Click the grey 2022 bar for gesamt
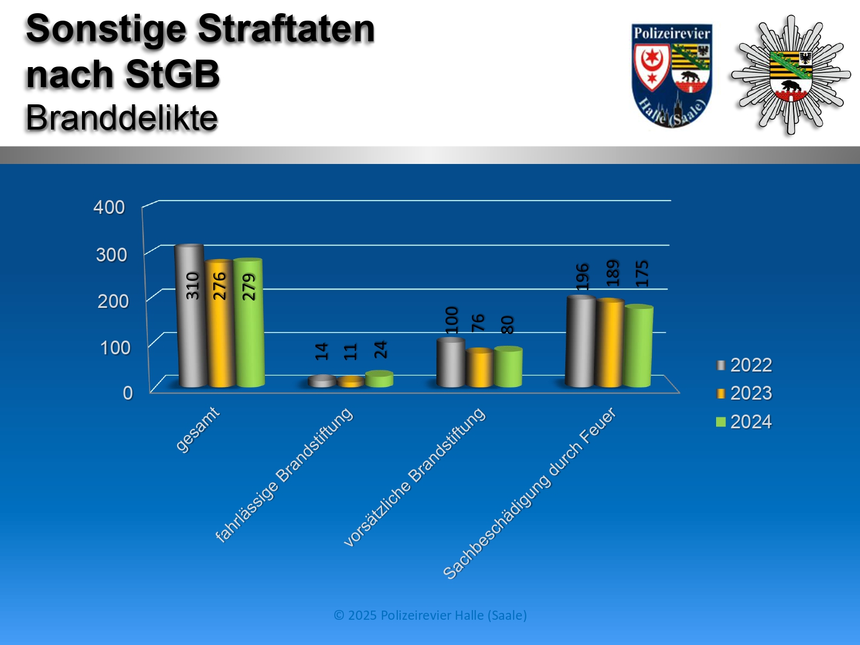(x=190, y=316)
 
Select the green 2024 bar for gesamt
(x=249, y=323)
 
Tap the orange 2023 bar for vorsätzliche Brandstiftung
(x=479, y=368)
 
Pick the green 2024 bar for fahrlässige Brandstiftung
(x=380, y=379)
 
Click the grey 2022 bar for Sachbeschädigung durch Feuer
(x=580, y=341)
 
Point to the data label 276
(x=220, y=286)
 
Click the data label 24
(x=381, y=350)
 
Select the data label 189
(x=612, y=273)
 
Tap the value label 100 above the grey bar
(x=451, y=320)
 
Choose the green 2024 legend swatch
(x=721, y=422)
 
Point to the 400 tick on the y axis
(x=109, y=207)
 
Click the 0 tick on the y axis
(x=128, y=393)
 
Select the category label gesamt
(x=197, y=429)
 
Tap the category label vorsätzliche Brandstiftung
(x=415, y=477)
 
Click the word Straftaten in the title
(x=287, y=29)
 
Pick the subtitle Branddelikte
(x=122, y=118)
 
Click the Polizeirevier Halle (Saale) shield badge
(x=671, y=76)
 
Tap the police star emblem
(x=791, y=75)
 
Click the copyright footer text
(x=430, y=615)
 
